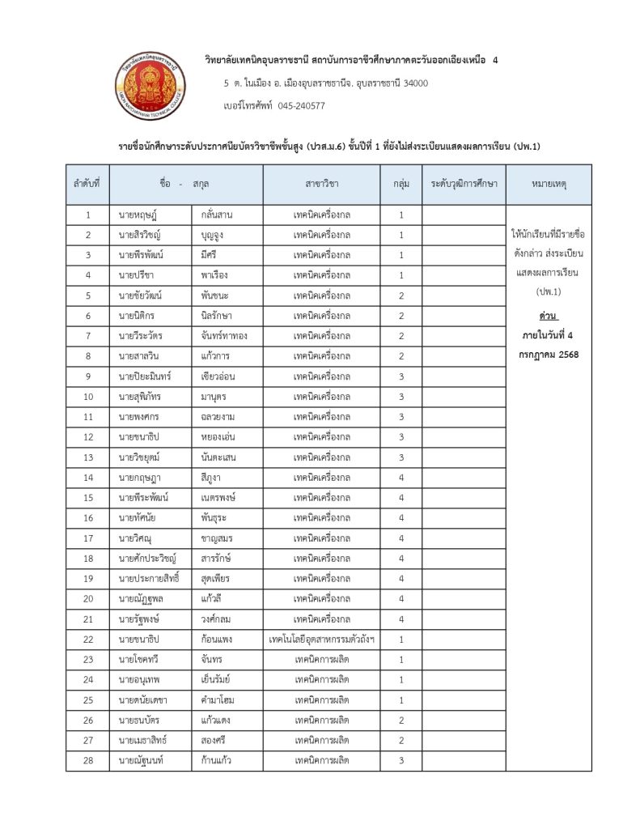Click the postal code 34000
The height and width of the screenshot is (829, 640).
(410, 83)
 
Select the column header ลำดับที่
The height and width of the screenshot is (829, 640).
(87, 185)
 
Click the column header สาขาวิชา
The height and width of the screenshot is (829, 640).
(322, 185)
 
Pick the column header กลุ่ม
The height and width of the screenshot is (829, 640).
(401, 185)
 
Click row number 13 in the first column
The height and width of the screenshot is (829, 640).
(87, 457)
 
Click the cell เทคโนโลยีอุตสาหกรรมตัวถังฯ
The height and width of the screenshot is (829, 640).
(322, 640)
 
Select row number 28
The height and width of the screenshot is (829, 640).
(87, 761)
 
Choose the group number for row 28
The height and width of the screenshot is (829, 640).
(401, 761)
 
